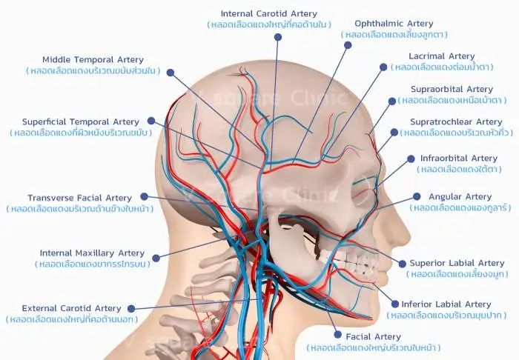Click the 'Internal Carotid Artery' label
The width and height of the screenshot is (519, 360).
coord(268,14)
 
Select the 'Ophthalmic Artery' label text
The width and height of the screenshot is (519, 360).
coord(394,24)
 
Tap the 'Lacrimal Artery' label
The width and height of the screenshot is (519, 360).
coord(442,56)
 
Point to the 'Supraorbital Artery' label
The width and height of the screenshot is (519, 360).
coord(452,89)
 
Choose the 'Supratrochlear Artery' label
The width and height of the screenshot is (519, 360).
coord(456,121)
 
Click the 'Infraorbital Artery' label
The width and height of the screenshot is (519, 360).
coord(459,159)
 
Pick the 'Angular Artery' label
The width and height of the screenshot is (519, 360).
coord(460,197)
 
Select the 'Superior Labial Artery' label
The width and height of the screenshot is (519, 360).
coord(457,263)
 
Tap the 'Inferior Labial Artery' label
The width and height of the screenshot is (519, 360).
coord(446,304)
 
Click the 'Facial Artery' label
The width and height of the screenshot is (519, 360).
coord(373,337)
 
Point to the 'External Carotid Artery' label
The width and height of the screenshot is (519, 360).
coord(71,308)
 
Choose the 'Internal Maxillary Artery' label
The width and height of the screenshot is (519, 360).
coord(93,253)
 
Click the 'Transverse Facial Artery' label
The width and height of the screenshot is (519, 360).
coord(80,198)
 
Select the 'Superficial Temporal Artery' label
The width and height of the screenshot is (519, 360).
coord(81,122)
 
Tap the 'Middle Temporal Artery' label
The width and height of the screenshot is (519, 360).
coord(93,60)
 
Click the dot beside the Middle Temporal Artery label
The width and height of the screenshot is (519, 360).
coord(171,73)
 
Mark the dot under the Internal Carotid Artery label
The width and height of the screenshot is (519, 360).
coord(278,37)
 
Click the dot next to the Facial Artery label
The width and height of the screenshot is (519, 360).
coord(337,335)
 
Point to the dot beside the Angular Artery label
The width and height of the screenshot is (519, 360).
coord(417,197)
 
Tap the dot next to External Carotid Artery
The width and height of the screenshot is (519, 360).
coord(131,309)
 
